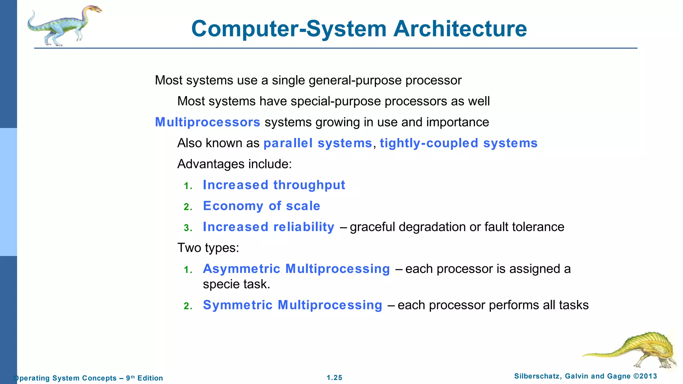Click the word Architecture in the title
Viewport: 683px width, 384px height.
coord(460,29)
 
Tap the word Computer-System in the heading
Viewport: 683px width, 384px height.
coord(288,29)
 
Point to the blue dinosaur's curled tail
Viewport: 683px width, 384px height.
coord(32,22)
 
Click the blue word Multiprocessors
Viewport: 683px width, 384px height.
coord(207,122)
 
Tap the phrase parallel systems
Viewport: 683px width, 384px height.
coord(317,143)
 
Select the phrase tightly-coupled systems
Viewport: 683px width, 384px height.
coord(459,143)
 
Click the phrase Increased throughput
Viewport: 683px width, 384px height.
coord(274,185)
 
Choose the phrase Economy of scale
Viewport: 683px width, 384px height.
coord(261,206)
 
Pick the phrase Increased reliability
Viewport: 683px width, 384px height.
coord(268,227)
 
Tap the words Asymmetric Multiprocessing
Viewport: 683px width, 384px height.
coord(296,269)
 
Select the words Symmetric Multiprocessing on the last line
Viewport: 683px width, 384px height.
coord(292,305)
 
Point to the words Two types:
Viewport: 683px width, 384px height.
coord(208,248)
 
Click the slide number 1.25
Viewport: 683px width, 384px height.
coord(334,378)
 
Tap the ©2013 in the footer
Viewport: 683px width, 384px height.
coord(645,376)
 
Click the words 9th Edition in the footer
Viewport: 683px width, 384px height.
coord(144,378)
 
